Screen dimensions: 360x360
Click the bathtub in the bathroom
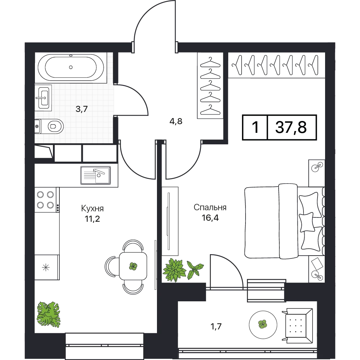pos(71,67)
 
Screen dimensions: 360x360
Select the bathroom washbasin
pos(44,98)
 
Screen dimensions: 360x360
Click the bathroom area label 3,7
pos(82,109)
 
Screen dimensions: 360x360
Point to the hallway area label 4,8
pos(176,121)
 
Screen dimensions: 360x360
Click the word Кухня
pos(92,208)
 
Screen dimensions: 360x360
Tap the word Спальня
pos(210,207)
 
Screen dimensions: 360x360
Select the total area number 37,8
pos(291,127)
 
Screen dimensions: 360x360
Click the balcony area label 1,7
pos(216,326)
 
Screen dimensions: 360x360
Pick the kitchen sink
pos(95,175)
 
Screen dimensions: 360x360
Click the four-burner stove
pos(46,200)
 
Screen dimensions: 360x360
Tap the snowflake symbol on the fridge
pos(46,267)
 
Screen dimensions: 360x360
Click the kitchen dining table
pos(133,266)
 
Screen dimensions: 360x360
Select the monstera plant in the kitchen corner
pos(49,314)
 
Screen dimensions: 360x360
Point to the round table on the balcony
pos(263,324)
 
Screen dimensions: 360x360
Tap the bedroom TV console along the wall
pos(170,221)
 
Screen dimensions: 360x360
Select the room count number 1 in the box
pos(255,127)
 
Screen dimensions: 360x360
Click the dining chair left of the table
pos(112,266)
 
